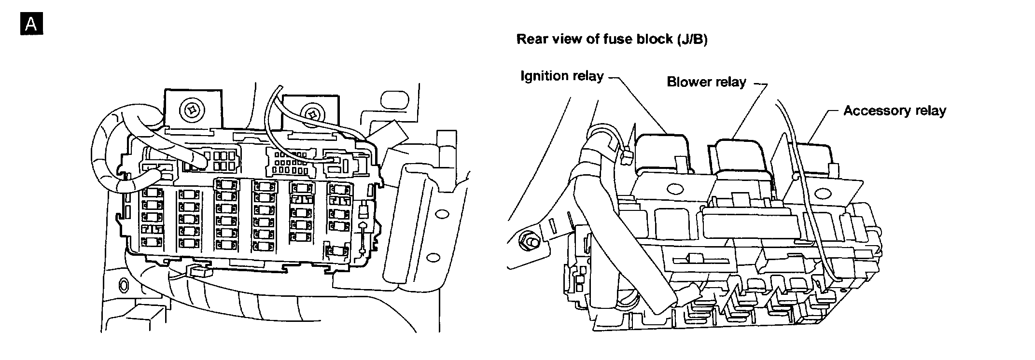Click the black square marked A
pyautogui.click(x=31, y=24)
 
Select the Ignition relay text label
pyautogui.click(x=562, y=76)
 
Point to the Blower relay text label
pyautogui.click(x=706, y=82)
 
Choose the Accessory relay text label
pyautogui.click(x=895, y=111)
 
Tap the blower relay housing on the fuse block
pyautogui.click(x=741, y=157)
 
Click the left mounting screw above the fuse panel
pyautogui.click(x=192, y=110)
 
